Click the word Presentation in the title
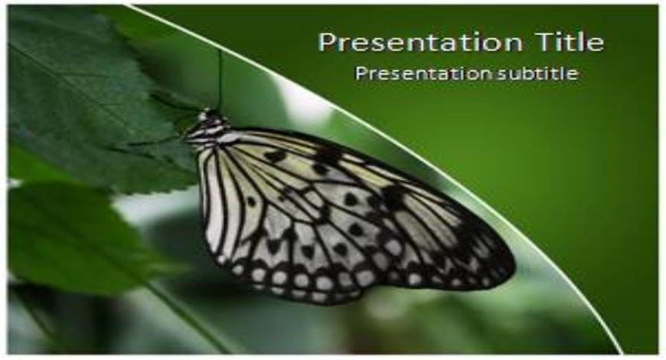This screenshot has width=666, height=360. coord(420,43)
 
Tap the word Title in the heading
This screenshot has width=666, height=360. coord(569,41)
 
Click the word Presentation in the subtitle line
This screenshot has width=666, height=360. coord(424,74)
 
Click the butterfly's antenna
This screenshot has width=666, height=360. coord(220,80)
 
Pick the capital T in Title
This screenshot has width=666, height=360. coord(544,41)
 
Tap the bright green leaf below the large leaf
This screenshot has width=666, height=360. coord(80,238)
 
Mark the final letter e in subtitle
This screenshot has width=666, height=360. coord(573,75)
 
